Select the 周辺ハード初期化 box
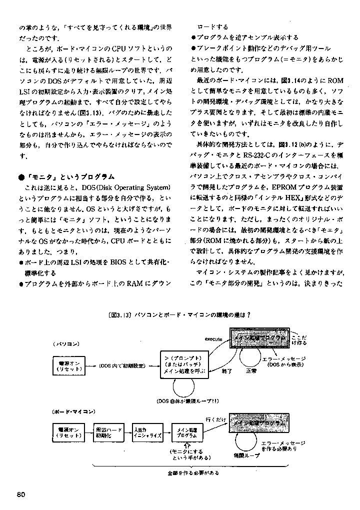(x=109, y=432)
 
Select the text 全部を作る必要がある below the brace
(x=193, y=472)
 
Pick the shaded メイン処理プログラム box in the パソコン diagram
(x=258, y=338)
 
